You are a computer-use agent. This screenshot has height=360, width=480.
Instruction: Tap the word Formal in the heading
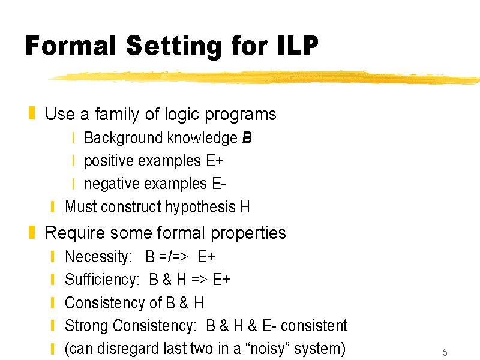tap(71, 46)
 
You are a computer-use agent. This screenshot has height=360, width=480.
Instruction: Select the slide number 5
tap(445, 352)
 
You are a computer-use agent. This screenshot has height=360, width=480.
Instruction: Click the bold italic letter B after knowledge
tap(247, 137)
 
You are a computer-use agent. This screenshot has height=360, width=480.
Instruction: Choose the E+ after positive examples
tap(215, 161)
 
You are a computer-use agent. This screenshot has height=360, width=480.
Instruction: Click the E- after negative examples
tap(219, 184)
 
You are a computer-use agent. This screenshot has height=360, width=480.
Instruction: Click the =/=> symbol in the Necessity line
tap(173, 257)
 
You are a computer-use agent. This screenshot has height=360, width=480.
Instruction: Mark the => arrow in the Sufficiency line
tap(199, 280)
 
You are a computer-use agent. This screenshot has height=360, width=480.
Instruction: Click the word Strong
tap(86, 326)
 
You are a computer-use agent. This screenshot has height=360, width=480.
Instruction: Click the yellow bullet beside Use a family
tap(32, 113)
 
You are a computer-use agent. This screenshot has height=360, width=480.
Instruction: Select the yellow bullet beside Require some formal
tap(32, 232)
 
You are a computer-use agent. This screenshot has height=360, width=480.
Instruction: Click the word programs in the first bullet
tap(241, 115)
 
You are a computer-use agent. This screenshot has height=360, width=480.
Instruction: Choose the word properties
tap(248, 233)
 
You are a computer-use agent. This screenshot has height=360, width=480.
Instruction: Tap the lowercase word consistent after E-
tap(314, 326)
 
